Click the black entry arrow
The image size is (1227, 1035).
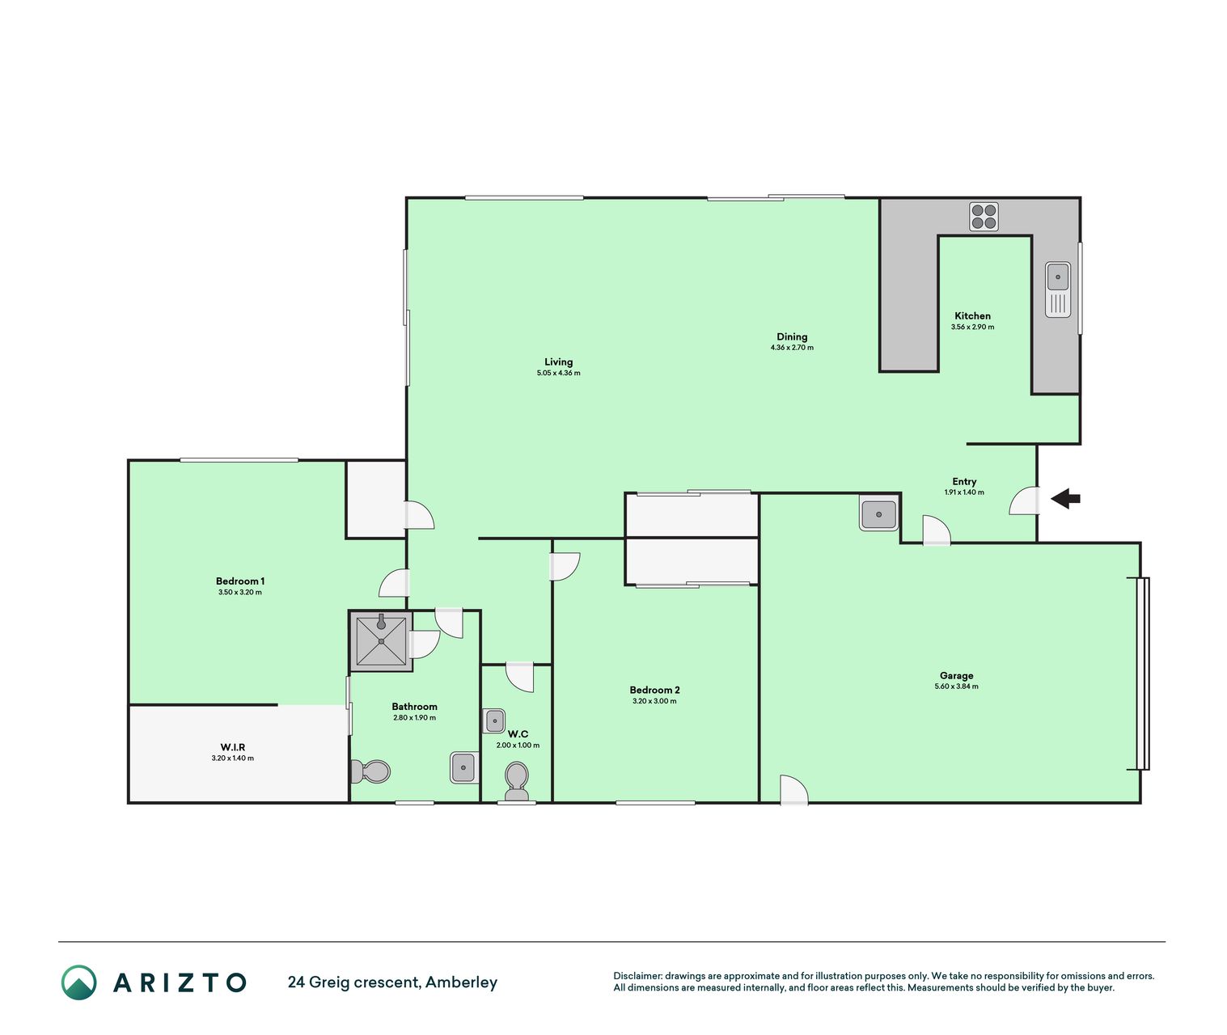click(1064, 499)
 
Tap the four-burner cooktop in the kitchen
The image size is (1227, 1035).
click(984, 217)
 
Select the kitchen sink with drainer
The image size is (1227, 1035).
click(1058, 289)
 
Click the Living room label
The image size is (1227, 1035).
click(558, 361)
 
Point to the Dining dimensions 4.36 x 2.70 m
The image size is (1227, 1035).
click(792, 347)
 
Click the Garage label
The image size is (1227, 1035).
click(956, 675)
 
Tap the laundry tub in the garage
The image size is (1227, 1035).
click(878, 514)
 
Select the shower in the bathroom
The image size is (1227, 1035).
click(381, 641)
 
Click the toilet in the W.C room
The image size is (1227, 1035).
click(517, 780)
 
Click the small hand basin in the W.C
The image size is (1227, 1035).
click(493, 720)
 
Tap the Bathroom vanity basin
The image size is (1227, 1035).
click(463, 767)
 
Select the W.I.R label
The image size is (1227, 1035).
click(233, 747)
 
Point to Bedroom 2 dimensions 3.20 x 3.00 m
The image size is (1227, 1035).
click(654, 701)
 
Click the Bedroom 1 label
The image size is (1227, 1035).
click(239, 581)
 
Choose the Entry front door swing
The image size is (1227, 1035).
click(1024, 501)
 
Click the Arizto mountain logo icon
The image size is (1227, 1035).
click(78, 982)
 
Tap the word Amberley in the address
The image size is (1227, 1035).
click(461, 982)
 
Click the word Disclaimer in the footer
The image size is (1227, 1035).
click(637, 976)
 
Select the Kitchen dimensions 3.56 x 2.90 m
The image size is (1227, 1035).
click(972, 327)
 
